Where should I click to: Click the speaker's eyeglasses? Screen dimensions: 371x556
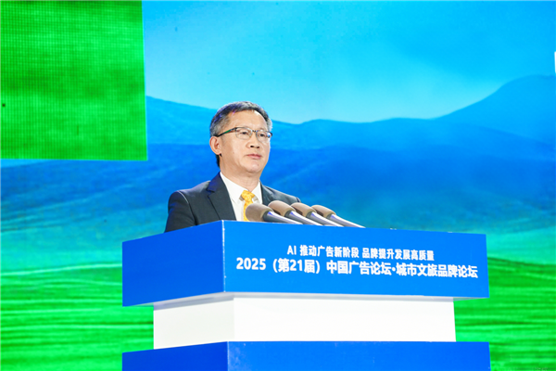[244, 134]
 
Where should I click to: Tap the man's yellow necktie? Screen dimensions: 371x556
[247, 204]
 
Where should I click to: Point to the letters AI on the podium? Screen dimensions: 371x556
[291, 250]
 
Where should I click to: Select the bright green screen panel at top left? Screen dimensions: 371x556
[72, 79]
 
